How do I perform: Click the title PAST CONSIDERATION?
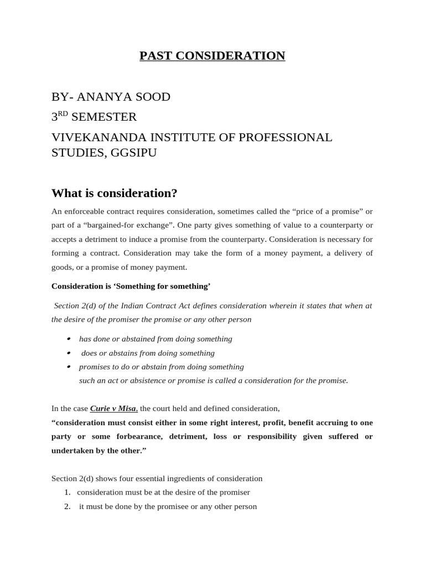[212, 56]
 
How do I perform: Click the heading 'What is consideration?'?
[114, 193]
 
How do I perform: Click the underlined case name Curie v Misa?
[113, 409]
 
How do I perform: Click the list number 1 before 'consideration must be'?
[67, 492]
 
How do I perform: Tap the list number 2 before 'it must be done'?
[67, 506]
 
